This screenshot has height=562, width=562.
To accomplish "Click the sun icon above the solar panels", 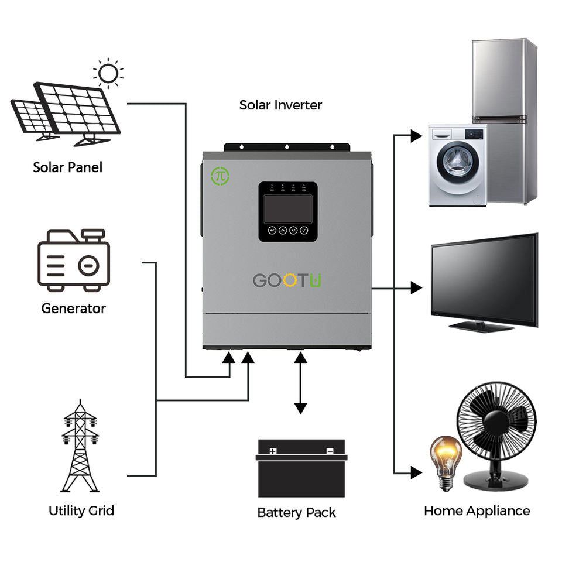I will (x=108, y=74).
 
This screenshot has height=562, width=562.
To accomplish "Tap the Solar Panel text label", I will (x=67, y=167).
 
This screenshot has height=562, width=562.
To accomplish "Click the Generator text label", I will (x=73, y=308).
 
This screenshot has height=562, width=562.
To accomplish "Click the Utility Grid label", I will (x=81, y=510).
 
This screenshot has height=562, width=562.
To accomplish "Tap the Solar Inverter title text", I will (x=280, y=105).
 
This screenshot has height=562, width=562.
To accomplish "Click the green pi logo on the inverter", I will (x=220, y=176).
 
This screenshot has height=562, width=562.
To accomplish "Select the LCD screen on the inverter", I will (x=288, y=209).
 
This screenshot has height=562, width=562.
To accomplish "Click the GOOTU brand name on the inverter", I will (x=287, y=280).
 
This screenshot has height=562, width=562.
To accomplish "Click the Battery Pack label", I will (x=296, y=513).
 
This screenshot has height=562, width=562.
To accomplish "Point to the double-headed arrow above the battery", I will (x=300, y=383).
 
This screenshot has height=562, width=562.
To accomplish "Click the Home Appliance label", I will (x=477, y=510).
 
